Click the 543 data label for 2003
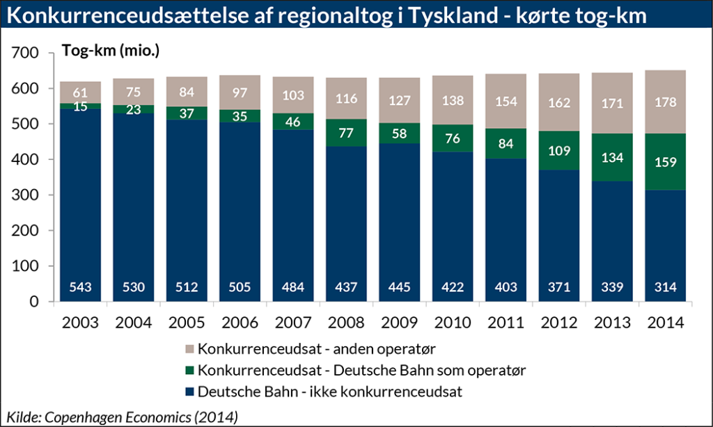coord(81,287)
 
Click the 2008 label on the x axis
coord(345,323)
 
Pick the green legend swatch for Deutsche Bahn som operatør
coord(188,369)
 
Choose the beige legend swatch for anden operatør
coord(188,347)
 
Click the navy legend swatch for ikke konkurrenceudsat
coord(188,392)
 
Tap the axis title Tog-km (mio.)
coord(111,51)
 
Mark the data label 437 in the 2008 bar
coord(345,287)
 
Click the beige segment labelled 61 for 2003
coord(81,92)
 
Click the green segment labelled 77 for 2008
coord(345,133)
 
